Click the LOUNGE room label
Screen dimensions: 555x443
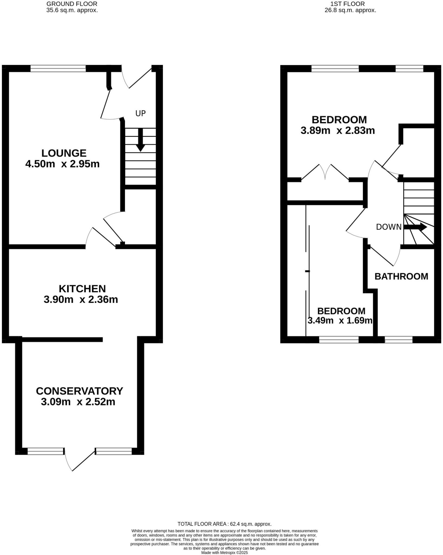coord(64,153)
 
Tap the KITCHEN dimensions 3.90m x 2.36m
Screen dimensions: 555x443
coord(81,299)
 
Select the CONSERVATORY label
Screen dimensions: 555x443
coord(79,391)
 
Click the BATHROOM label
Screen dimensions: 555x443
coord(401,276)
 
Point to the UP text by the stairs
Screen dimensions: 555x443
coord(140,113)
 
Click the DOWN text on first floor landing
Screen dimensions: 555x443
coord(389,227)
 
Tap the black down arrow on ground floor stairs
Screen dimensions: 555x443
coord(140,140)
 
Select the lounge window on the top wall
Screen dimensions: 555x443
coord(58,68)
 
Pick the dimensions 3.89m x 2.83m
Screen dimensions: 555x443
coord(338,131)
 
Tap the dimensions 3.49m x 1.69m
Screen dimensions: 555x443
coord(340,321)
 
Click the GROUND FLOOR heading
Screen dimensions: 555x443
coord(72,4)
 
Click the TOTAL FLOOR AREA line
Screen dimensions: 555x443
coord(224,524)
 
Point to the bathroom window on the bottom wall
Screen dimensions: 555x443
coord(399,340)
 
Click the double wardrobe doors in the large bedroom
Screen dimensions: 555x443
coord(325,172)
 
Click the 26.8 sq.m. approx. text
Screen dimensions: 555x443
coord(350,10)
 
